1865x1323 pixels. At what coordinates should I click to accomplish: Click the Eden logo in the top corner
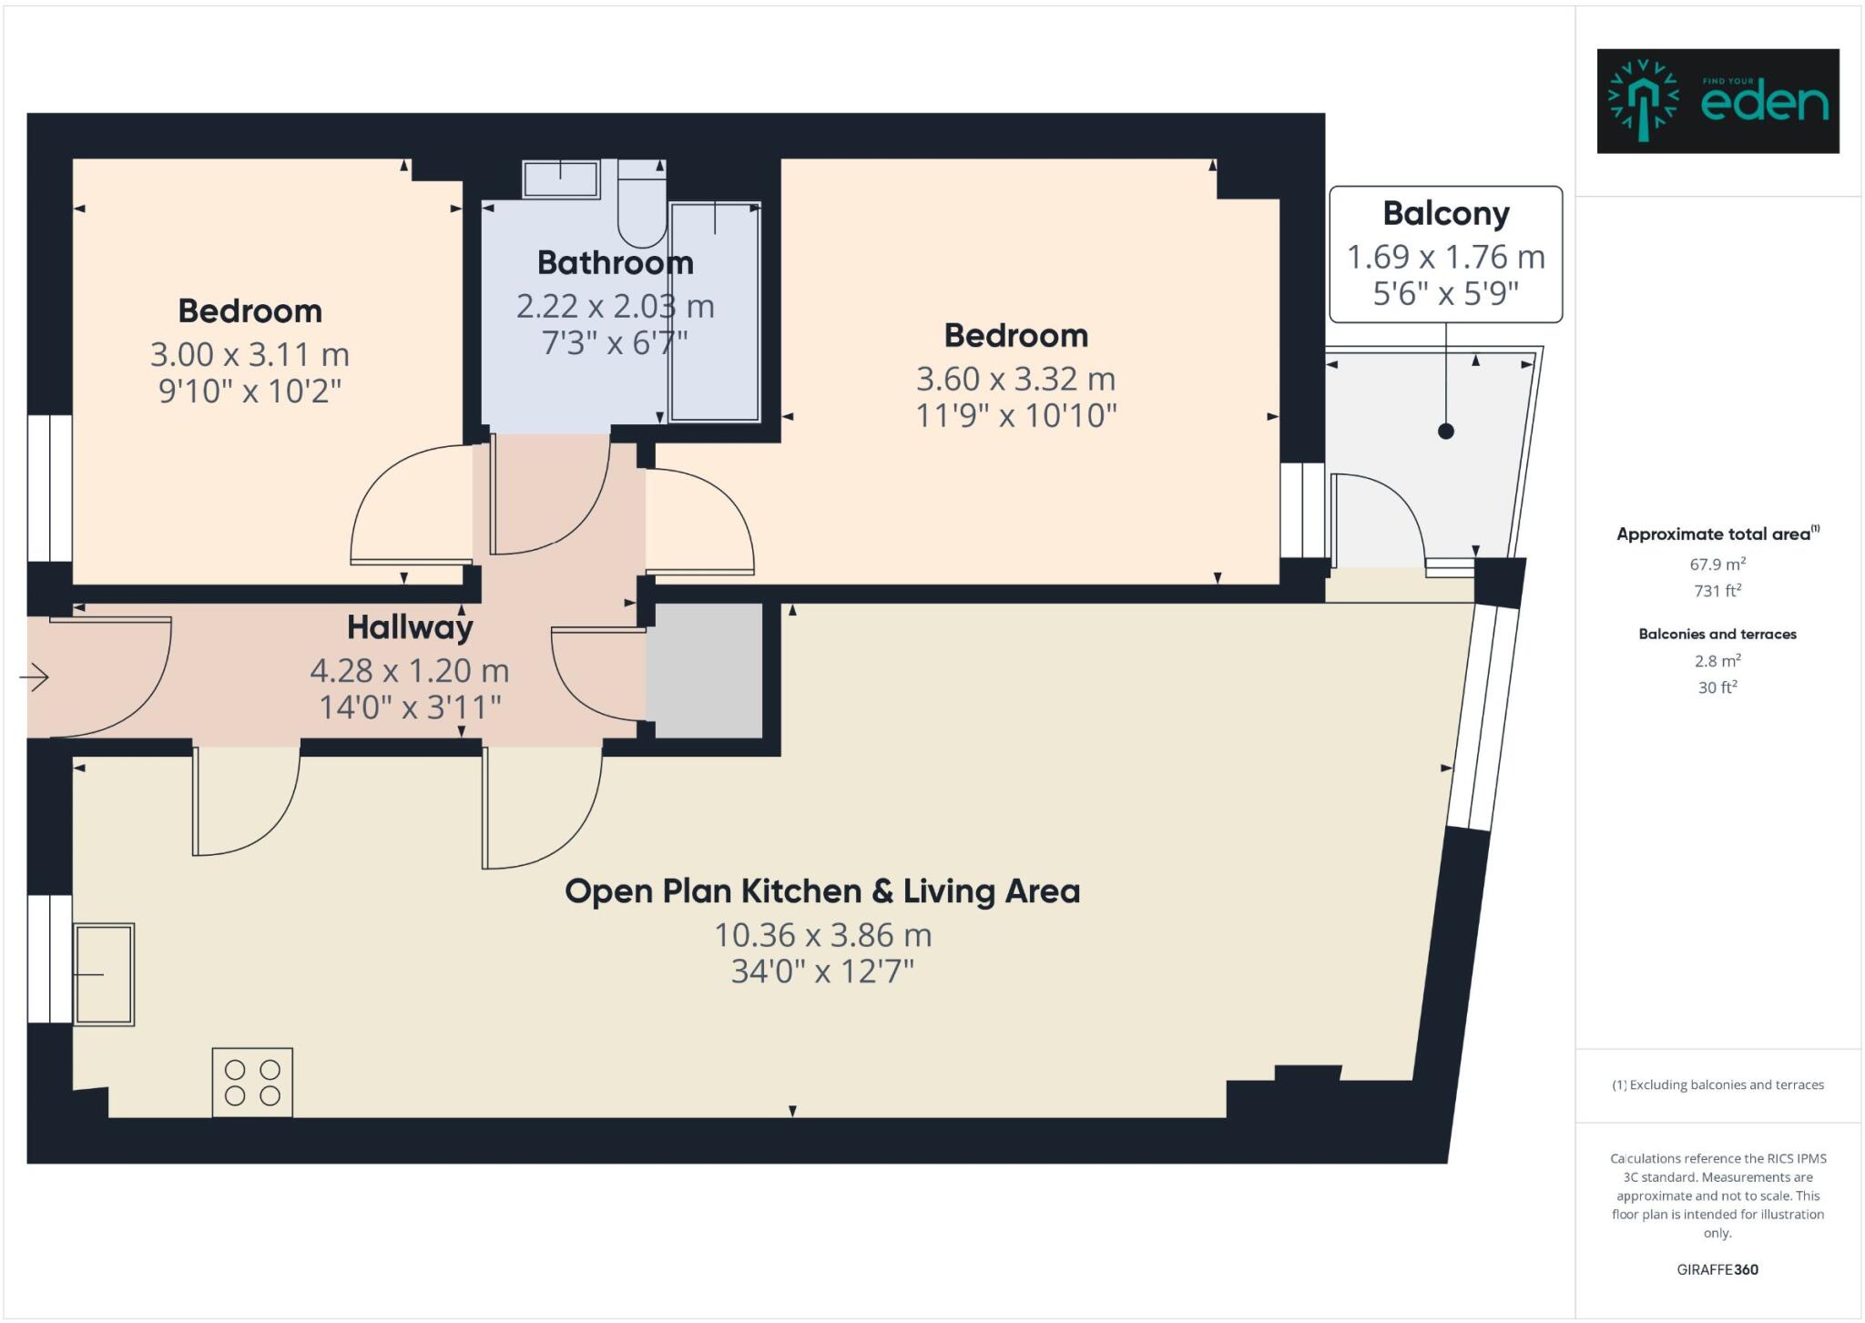(x=1717, y=101)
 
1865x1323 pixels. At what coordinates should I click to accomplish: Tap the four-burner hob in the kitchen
(x=252, y=1083)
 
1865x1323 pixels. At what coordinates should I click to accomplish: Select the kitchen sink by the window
(x=104, y=974)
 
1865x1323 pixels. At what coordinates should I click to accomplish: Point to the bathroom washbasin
(x=561, y=178)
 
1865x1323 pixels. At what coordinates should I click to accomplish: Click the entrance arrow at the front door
(x=35, y=677)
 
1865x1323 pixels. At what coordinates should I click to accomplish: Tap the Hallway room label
(x=410, y=627)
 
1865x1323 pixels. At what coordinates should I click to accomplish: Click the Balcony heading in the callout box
(x=1445, y=213)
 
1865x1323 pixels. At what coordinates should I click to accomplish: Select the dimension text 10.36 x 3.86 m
(x=822, y=935)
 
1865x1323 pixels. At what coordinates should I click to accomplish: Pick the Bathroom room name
(x=615, y=263)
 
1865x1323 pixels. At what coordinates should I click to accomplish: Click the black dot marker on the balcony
(x=1445, y=431)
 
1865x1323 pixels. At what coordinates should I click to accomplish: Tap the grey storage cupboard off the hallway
(x=704, y=670)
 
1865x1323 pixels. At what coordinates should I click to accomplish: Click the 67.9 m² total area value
(x=1717, y=565)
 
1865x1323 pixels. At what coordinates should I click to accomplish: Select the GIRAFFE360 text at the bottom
(x=1717, y=1269)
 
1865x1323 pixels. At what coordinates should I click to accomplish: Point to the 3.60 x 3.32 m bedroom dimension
(x=1015, y=379)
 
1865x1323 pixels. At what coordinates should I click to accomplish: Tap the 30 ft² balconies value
(x=1717, y=687)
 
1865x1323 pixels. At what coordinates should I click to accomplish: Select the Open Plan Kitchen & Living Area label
(x=822, y=891)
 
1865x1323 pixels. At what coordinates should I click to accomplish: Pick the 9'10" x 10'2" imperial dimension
(x=250, y=392)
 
